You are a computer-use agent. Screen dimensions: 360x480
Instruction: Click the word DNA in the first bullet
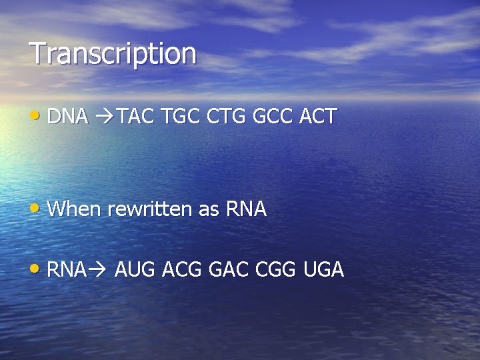tap(68, 117)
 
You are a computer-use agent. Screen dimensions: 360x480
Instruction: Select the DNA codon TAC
tap(136, 117)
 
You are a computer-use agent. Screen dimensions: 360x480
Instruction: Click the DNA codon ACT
tap(318, 117)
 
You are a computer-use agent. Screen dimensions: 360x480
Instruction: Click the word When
tap(75, 209)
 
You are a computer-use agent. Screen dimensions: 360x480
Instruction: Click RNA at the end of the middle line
tap(247, 209)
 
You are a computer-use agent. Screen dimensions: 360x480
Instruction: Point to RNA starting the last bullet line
tap(67, 270)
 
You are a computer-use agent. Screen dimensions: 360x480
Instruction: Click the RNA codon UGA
tap(323, 270)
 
